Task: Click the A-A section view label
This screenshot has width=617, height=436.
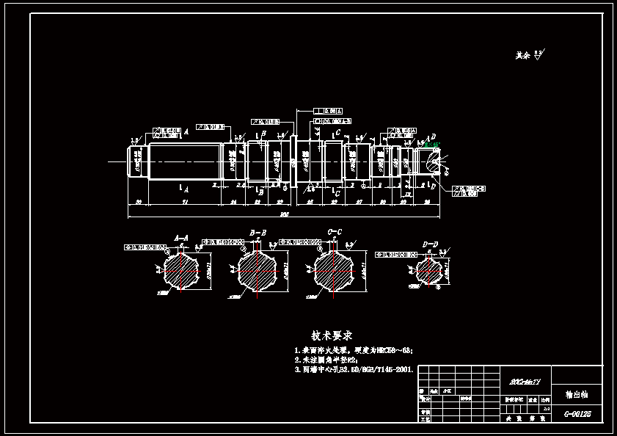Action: coord(180,237)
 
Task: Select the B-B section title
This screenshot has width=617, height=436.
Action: coord(258,233)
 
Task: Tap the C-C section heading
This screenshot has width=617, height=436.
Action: coord(335,232)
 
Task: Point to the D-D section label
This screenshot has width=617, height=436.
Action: coord(430,244)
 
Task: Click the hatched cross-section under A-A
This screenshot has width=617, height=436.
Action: coord(180,271)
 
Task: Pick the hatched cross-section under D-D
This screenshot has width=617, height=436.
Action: coord(428,272)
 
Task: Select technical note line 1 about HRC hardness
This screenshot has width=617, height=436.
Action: coord(353,351)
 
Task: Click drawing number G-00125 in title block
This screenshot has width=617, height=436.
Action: coord(577,414)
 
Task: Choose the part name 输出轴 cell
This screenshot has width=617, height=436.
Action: coord(577,394)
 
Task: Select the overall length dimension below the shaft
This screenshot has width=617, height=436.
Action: coord(284,215)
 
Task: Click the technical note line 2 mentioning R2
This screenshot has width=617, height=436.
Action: coord(326,360)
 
